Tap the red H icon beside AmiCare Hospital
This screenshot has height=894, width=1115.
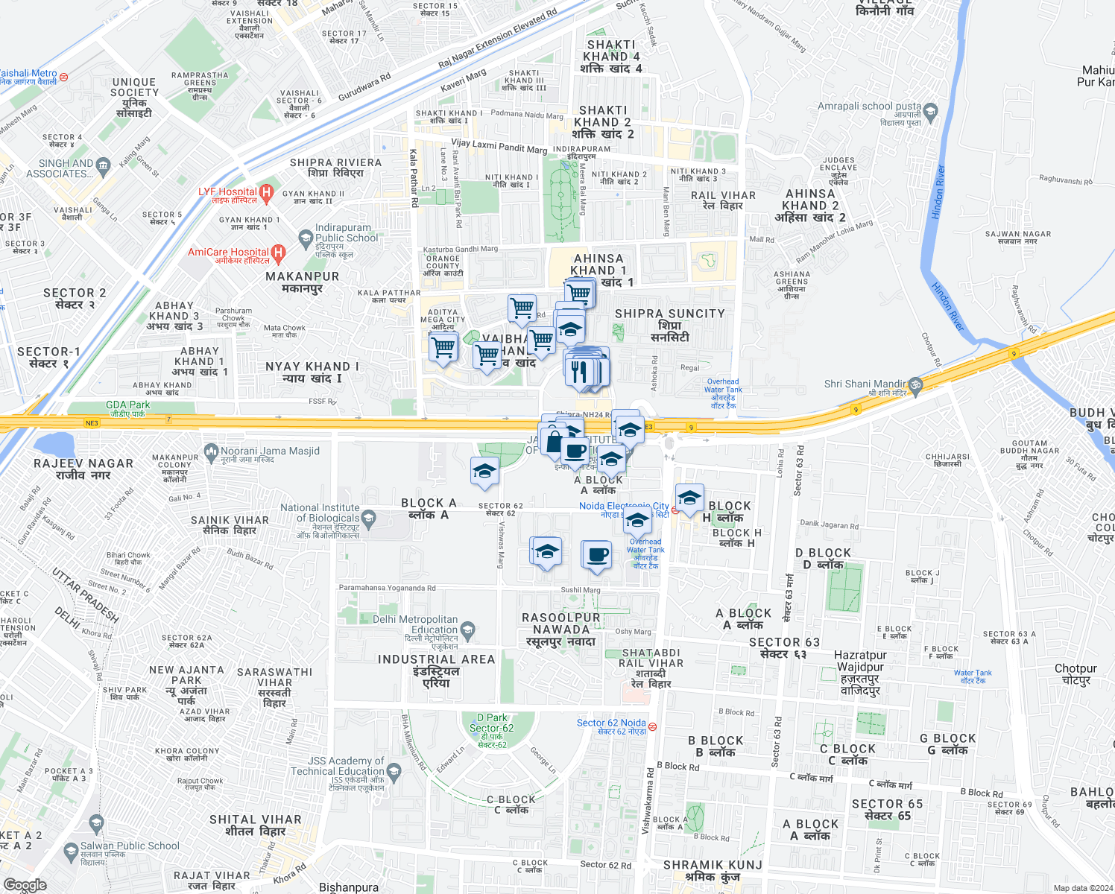[x=278, y=253]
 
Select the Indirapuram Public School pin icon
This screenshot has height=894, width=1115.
[x=305, y=238]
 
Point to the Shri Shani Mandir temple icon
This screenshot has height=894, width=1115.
[x=915, y=385]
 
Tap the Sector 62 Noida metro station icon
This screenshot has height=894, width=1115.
[x=653, y=726]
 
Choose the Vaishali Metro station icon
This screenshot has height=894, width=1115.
[x=64, y=77]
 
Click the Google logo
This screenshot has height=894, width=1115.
[x=25, y=885]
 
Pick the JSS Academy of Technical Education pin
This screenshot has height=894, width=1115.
[x=394, y=772]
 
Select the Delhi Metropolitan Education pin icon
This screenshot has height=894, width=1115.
[x=467, y=630]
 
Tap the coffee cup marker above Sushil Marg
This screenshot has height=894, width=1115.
[x=597, y=554]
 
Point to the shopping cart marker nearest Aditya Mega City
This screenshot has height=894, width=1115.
[x=443, y=346]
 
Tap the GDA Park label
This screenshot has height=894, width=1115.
[x=129, y=405]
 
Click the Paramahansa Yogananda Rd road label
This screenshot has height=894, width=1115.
[x=387, y=588]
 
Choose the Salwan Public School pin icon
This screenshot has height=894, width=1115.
[x=71, y=851]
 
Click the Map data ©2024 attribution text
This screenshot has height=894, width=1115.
[x=1083, y=888]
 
